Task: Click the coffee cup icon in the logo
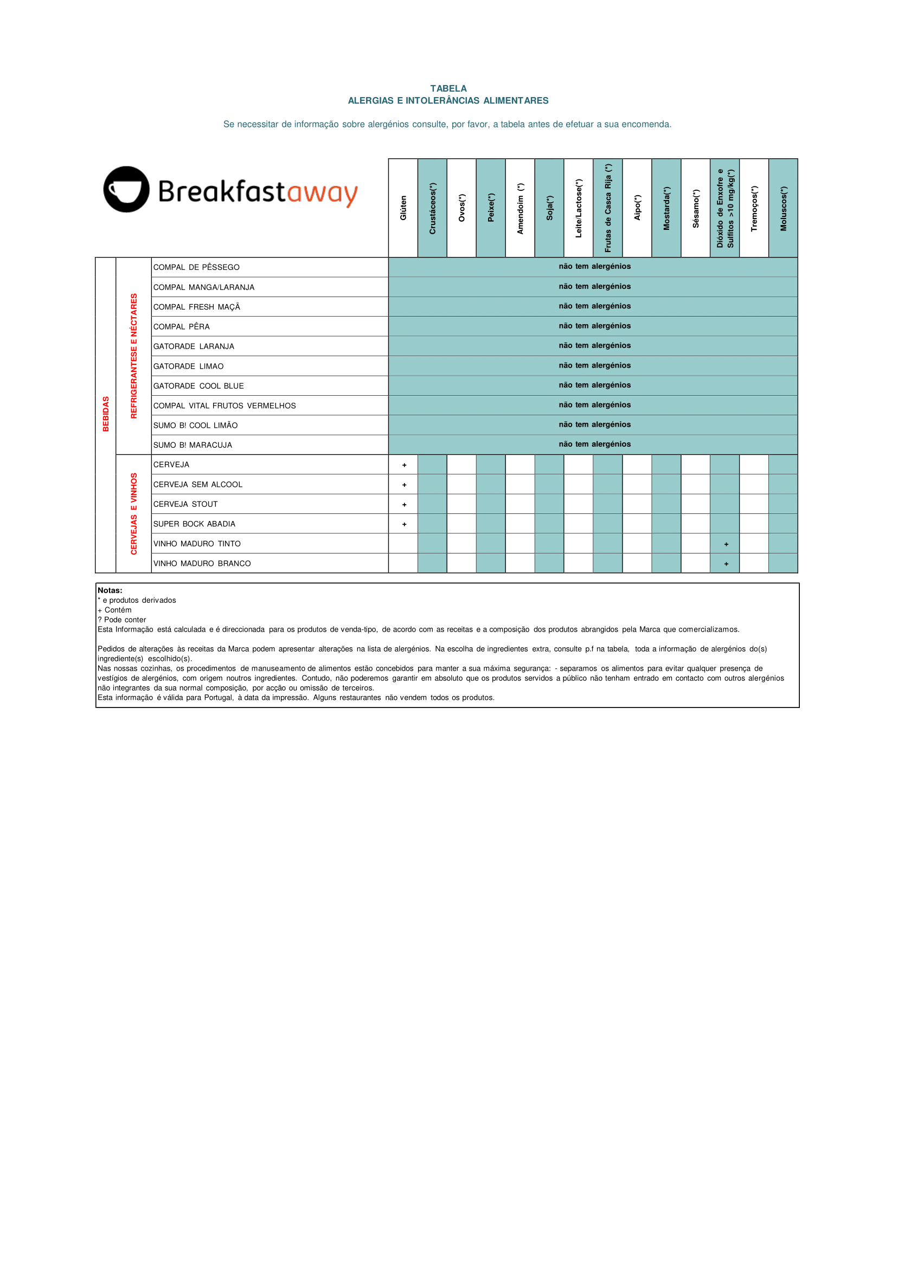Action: (x=127, y=190)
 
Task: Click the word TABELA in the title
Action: (x=448, y=88)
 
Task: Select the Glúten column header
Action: (x=403, y=208)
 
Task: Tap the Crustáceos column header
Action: (x=432, y=208)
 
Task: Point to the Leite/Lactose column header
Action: (x=579, y=208)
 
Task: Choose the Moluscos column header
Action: (x=783, y=208)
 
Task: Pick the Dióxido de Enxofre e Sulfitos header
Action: (x=725, y=208)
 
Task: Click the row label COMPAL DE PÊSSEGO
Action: (x=196, y=267)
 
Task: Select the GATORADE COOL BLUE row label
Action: (x=198, y=387)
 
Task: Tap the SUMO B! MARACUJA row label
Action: (x=193, y=446)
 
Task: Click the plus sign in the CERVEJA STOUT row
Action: (x=404, y=505)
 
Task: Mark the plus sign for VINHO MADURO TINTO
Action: (x=726, y=544)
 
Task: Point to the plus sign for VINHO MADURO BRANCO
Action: (x=726, y=564)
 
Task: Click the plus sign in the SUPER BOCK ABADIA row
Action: (x=404, y=525)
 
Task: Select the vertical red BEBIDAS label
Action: (x=106, y=414)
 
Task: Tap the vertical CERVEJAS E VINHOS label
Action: (x=134, y=513)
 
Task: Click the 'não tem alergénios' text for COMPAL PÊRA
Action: (x=594, y=326)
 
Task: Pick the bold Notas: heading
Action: (x=110, y=590)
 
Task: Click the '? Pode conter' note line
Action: (x=121, y=620)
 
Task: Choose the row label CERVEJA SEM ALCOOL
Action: (x=198, y=485)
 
